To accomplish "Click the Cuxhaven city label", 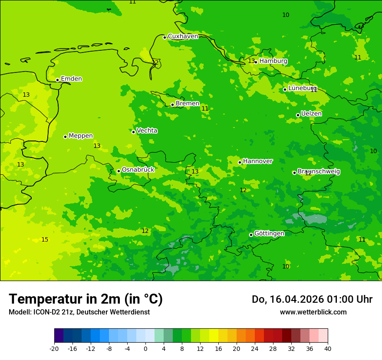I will (183, 36).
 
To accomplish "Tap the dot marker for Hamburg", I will (256, 62).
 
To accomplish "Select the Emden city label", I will (71, 79).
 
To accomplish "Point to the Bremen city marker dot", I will (172, 105).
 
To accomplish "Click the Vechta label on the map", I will (147, 131).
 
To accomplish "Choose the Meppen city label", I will (81, 136).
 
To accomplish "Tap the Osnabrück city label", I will (138, 170).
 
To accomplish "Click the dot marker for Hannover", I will (240, 162).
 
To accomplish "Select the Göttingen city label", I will (269, 233).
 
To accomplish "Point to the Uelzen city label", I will (311, 114).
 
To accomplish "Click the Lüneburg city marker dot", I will (285, 89).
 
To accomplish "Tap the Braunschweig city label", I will (319, 171).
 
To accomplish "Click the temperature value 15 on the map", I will (45, 239).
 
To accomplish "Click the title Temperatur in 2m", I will (86, 299).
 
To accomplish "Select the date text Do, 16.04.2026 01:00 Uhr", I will (312, 299).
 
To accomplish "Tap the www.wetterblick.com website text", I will (313, 312).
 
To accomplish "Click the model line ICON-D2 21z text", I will (79, 312).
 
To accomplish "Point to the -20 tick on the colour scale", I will (54, 348).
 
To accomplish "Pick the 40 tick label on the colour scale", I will (328, 348).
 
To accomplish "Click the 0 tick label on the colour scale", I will (145, 348).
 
